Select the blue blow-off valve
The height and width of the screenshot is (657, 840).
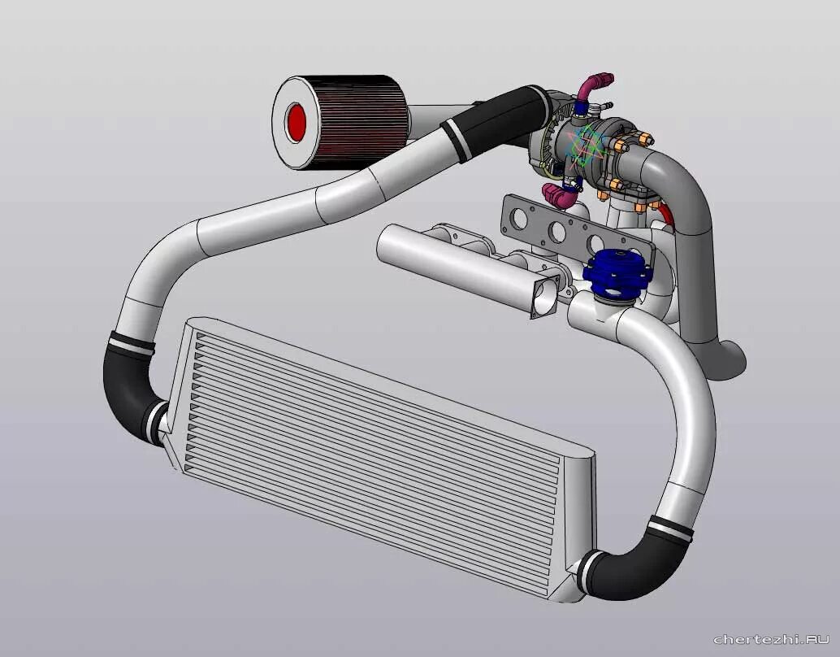[617, 272]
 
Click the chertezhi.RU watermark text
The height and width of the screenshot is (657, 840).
[772, 639]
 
